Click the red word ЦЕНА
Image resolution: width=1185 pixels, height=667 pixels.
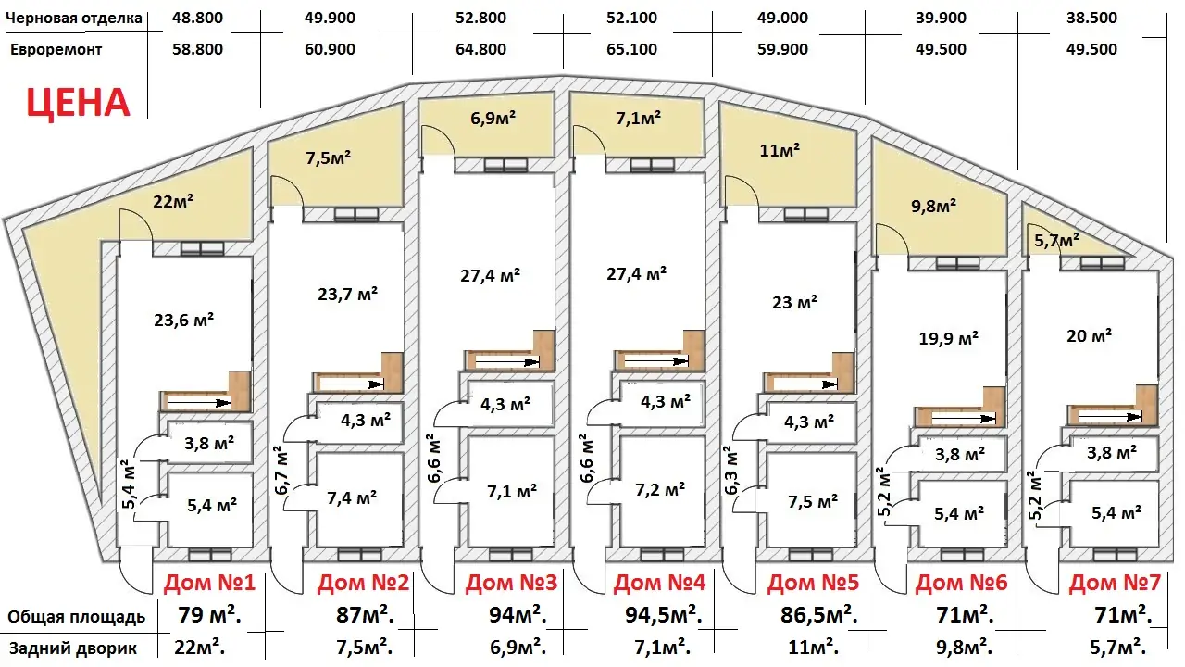(79, 103)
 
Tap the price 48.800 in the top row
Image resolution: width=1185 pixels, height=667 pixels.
(197, 18)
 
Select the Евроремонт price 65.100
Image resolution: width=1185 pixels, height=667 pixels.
(631, 49)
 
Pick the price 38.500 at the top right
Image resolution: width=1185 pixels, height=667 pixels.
(1091, 18)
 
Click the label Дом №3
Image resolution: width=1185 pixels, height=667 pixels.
(512, 583)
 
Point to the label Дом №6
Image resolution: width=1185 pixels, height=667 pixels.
(962, 583)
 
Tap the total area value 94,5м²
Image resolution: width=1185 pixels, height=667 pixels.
(664, 615)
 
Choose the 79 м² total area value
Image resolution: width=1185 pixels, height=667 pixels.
(209, 615)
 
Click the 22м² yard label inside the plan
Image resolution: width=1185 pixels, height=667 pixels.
(173, 201)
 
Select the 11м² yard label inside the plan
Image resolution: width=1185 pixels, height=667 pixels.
(780, 151)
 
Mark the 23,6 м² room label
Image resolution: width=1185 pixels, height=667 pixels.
(183, 320)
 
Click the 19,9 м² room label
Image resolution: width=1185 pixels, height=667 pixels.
(949, 338)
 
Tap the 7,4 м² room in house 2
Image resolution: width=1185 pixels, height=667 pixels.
(352, 497)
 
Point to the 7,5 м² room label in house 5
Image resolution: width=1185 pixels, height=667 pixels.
(813, 501)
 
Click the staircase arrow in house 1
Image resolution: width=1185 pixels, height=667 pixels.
(199, 403)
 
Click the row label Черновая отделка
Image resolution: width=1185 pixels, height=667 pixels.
(74, 18)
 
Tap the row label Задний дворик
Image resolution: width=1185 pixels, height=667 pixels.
(73, 648)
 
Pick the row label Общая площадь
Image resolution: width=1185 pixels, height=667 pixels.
(76, 617)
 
